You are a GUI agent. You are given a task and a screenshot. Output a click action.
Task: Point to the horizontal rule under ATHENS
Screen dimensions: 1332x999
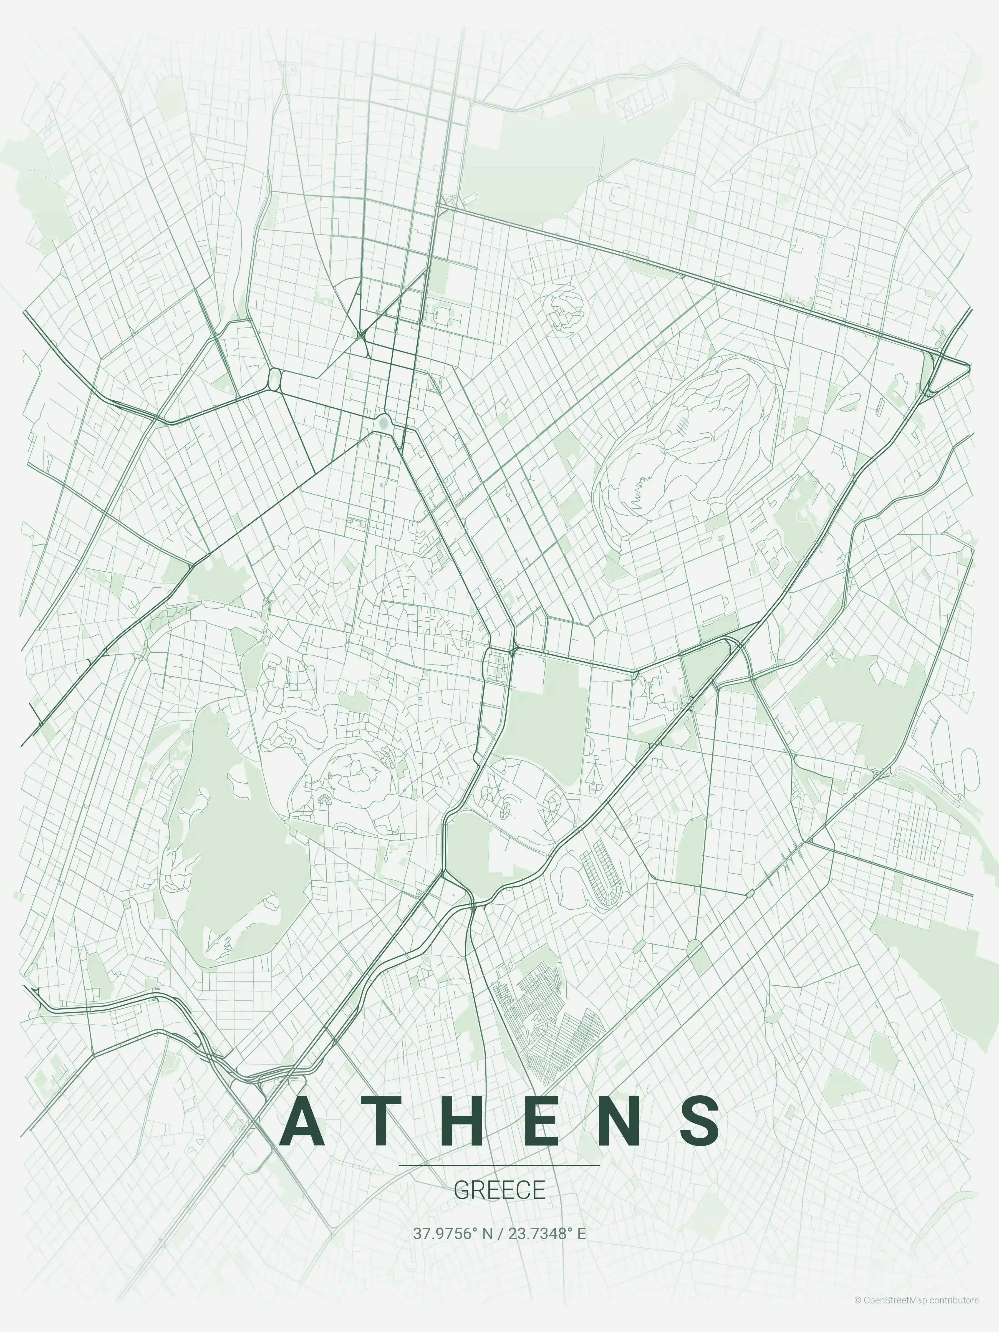point(499,1165)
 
